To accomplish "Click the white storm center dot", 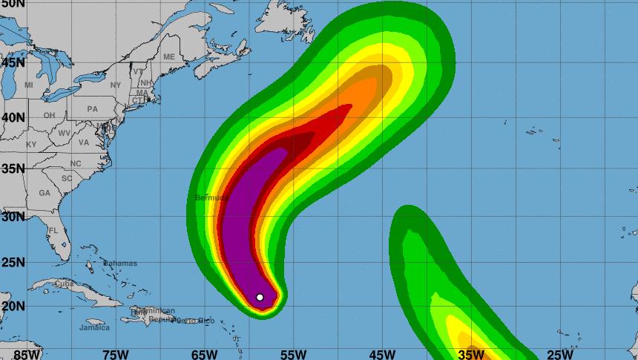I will coord(260,297).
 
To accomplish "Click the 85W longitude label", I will coord(27,354).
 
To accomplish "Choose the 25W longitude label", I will coord(559,354).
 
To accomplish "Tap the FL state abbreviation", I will coord(53,231).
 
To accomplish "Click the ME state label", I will coord(168,57).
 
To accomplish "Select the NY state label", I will coord(115,85).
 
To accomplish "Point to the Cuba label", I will coord(65,284).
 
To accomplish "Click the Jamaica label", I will coord(94,327).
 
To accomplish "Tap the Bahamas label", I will coord(119,264).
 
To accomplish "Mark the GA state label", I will coord(45,193).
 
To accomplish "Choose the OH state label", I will coord(49,116).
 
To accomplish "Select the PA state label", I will coord(92,109).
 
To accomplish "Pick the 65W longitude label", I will coord(204,354).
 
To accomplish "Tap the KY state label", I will coord(31,145).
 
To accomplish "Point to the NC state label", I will coord(76,164).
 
